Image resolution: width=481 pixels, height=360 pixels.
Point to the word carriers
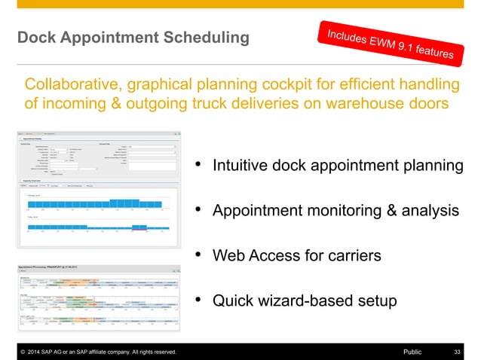click(351, 256)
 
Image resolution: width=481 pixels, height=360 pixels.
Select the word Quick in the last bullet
click(232, 301)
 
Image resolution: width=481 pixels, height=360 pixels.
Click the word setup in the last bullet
click(375, 301)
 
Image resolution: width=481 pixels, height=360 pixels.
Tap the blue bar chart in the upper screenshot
click(98, 203)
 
